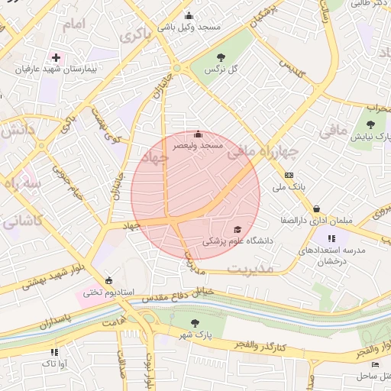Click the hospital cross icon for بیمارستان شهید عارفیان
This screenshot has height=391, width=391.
[x=56, y=57]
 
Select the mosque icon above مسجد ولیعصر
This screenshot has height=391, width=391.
[x=198, y=134]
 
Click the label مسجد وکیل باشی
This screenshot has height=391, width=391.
[x=189, y=27]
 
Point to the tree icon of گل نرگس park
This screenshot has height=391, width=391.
[x=221, y=57]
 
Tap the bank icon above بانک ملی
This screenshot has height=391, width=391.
[x=289, y=175]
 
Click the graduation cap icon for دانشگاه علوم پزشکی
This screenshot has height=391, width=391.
[x=238, y=229]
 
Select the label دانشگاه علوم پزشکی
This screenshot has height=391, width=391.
[x=237, y=241]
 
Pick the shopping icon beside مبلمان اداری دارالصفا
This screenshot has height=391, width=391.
[x=316, y=208]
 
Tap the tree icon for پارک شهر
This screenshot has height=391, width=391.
[x=194, y=323]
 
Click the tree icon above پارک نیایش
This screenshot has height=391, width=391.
[x=370, y=124]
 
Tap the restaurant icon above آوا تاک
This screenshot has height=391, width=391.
[x=54, y=352]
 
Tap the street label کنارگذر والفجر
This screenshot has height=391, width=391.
[x=262, y=347]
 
